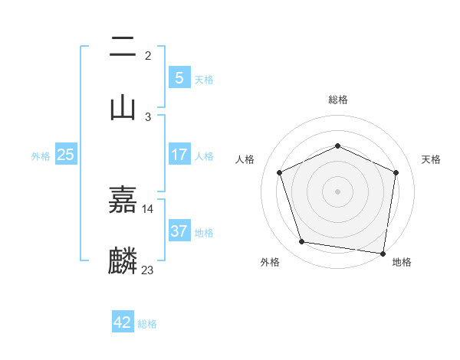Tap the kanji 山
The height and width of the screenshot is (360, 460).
(x=123, y=106)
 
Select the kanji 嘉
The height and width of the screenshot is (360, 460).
(x=123, y=200)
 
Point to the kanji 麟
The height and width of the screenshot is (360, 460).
(x=123, y=260)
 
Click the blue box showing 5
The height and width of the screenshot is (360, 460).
(x=179, y=77)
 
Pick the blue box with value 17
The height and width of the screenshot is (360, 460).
(x=179, y=155)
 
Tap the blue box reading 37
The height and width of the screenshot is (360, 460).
(x=179, y=231)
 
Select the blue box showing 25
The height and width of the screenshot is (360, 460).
(x=65, y=155)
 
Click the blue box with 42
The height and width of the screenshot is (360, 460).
(x=123, y=322)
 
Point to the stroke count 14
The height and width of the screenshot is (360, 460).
(x=148, y=208)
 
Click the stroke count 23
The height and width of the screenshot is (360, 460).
(x=148, y=270)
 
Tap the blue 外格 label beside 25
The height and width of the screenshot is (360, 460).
(x=41, y=155)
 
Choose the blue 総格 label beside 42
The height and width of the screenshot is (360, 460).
(x=147, y=324)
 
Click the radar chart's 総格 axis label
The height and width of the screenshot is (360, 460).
(x=337, y=100)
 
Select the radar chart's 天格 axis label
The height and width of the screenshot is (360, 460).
(x=431, y=159)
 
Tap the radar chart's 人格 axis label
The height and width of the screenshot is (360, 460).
(x=245, y=159)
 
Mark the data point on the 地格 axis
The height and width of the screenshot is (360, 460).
(x=383, y=253)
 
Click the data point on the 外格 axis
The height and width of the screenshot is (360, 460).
(x=302, y=242)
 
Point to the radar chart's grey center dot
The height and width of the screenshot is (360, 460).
(x=337, y=191)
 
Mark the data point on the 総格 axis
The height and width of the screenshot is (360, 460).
(x=337, y=146)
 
